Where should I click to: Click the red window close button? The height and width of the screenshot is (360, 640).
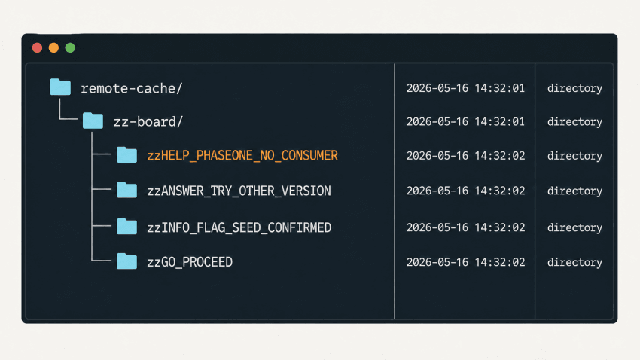coord(37,47)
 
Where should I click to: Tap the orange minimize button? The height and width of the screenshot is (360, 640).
coord(53,47)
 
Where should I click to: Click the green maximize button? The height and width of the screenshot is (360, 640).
coord(70,47)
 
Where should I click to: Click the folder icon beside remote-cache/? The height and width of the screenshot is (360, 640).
coord(60,87)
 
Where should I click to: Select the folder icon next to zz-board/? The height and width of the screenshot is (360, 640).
coord(93,121)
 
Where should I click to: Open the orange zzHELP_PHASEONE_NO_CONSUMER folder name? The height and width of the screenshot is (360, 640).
coord(242,155)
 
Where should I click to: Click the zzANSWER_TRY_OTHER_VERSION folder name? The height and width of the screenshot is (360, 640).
coord(239,191)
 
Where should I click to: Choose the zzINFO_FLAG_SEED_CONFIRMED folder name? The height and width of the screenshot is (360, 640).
coord(239,227)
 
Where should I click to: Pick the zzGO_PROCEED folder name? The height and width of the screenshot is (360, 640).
coord(190,262)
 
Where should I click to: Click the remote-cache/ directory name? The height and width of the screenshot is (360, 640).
coord(132,88)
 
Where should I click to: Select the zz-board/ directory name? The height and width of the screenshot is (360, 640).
coord(148,122)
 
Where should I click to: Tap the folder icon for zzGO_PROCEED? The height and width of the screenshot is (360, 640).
coord(127,261)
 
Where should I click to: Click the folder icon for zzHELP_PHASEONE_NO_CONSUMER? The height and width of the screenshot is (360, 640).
coord(127,154)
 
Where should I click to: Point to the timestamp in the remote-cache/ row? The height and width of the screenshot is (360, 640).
coord(466,88)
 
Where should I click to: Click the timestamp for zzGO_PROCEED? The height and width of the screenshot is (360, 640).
coord(466,262)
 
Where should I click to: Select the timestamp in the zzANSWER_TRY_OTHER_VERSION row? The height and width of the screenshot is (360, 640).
coord(466,191)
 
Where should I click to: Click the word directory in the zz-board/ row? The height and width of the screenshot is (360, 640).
coord(574,122)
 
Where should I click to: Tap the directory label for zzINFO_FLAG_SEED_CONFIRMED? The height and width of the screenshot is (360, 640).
coord(574,227)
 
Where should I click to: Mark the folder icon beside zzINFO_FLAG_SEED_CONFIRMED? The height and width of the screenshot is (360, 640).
coord(127,227)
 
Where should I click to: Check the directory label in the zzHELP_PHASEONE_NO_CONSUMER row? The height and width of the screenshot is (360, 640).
coord(574,155)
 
